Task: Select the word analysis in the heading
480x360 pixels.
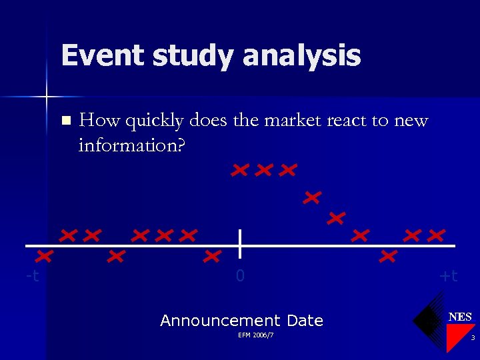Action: (x=301, y=55)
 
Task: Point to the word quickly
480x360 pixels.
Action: (x=153, y=121)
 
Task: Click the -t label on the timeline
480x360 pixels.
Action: (x=32, y=275)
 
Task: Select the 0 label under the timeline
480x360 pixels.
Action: (x=241, y=275)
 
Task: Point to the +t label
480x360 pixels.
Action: (x=449, y=275)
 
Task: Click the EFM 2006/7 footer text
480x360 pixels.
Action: (x=255, y=335)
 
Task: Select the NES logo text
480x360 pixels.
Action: (x=460, y=317)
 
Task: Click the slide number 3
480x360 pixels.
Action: (x=472, y=339)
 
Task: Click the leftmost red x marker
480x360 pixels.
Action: (x=45, y=256)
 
